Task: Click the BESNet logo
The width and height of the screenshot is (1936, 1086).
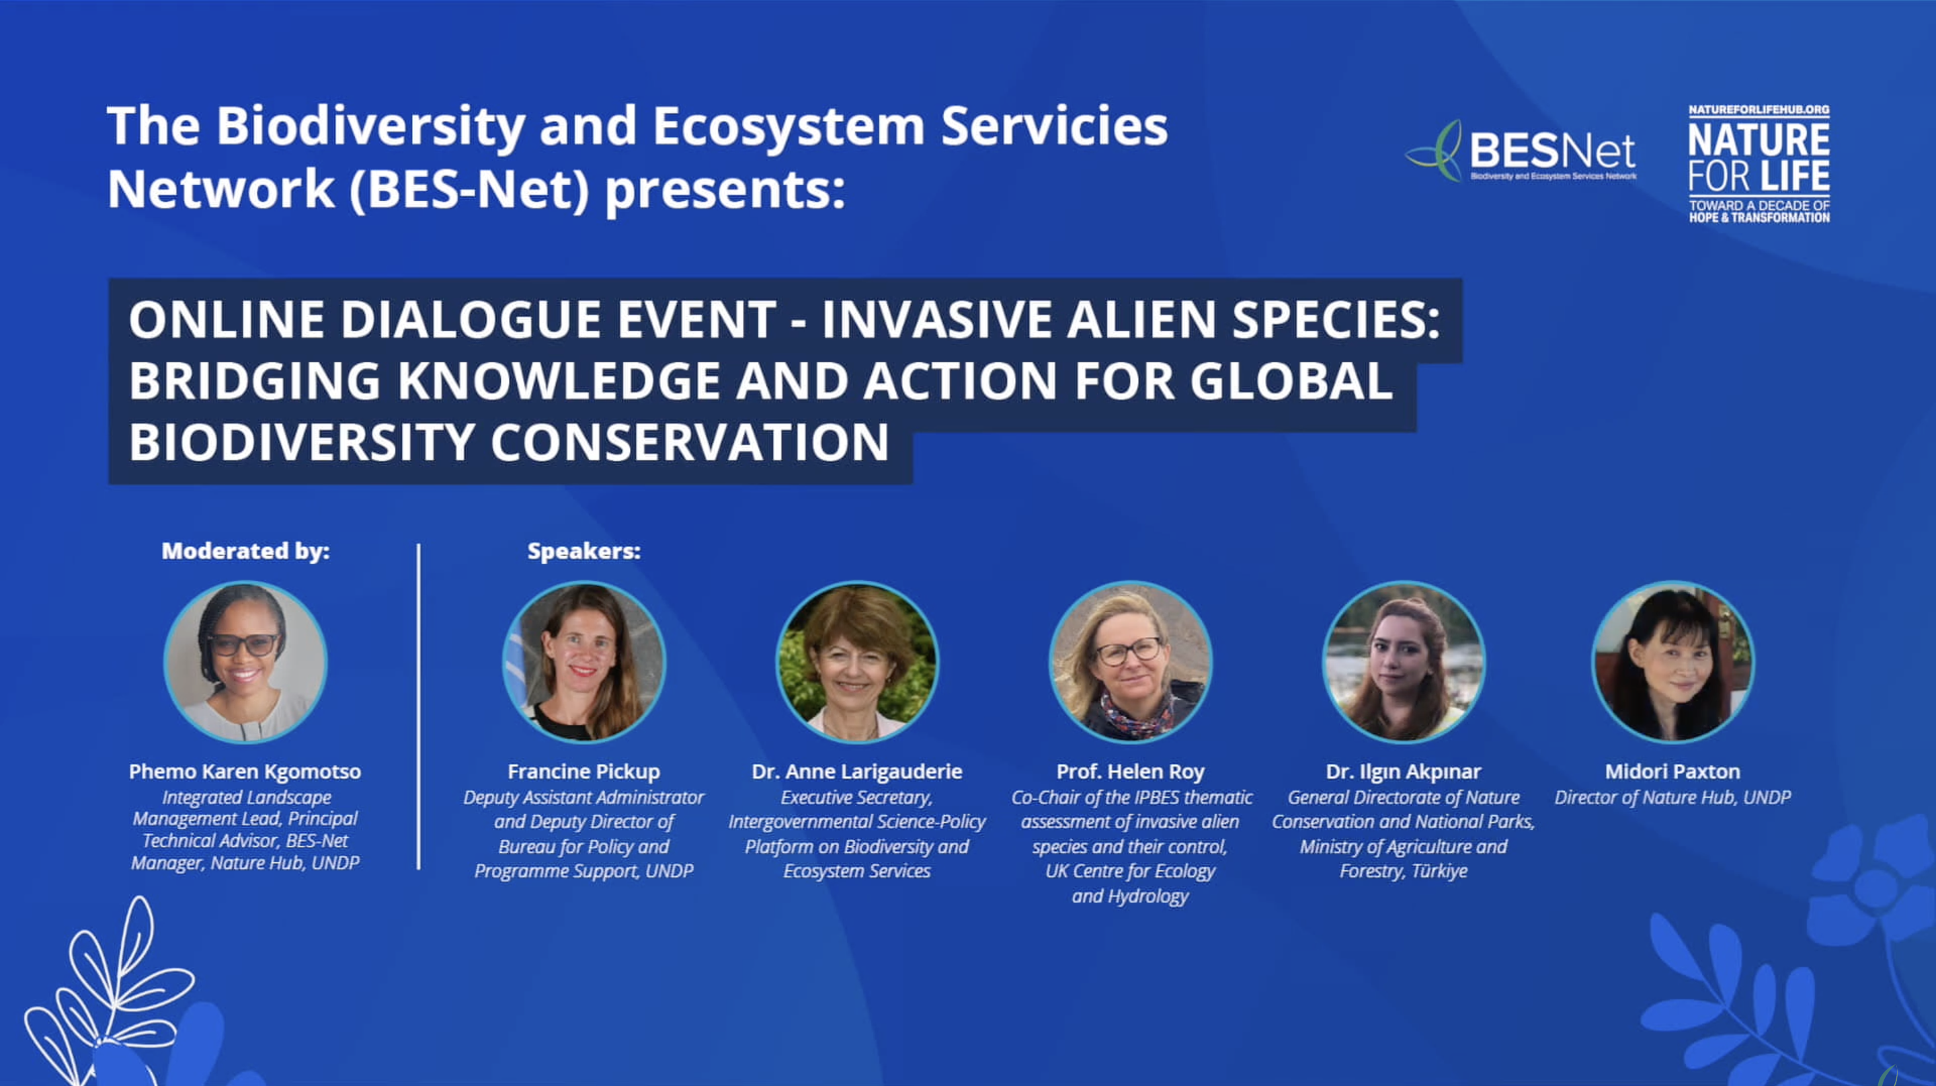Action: [x=1521, y=151]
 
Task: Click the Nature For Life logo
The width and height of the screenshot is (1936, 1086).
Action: [x=1759, y=164]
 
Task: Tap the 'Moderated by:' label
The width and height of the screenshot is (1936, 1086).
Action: [x=246, y=551]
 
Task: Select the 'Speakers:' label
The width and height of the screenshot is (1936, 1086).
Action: [x=584, y=551]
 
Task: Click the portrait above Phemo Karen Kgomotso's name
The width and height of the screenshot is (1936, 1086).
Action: [x=246, y=662]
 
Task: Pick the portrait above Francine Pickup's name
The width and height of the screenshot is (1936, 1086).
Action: [x=584, y=662]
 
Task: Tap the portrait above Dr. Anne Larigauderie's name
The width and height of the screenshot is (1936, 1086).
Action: [x=857, y=662]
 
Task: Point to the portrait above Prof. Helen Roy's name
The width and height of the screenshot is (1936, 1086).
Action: [x=1130, y=662]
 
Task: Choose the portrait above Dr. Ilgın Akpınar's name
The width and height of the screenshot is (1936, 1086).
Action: [x=1403, y=662]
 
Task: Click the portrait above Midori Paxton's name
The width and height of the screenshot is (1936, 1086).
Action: [x=1673, y=662]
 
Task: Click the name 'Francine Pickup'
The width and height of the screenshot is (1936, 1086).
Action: [x=584, y=772]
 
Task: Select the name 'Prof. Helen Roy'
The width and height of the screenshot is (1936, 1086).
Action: [x=1130, y=772]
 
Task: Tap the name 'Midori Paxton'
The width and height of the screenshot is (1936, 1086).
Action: [x=1673, y=772]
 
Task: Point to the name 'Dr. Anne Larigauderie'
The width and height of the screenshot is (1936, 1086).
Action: [x=857, y=772]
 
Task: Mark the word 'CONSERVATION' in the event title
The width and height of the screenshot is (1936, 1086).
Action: [x=690, y=442]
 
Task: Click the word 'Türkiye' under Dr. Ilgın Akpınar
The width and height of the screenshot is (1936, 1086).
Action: [x=1439, y=871]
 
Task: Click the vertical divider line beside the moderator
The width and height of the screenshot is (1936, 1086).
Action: [x=419, y=706]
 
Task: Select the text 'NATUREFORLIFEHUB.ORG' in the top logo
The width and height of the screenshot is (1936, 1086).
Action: [x=1759, y=110]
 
